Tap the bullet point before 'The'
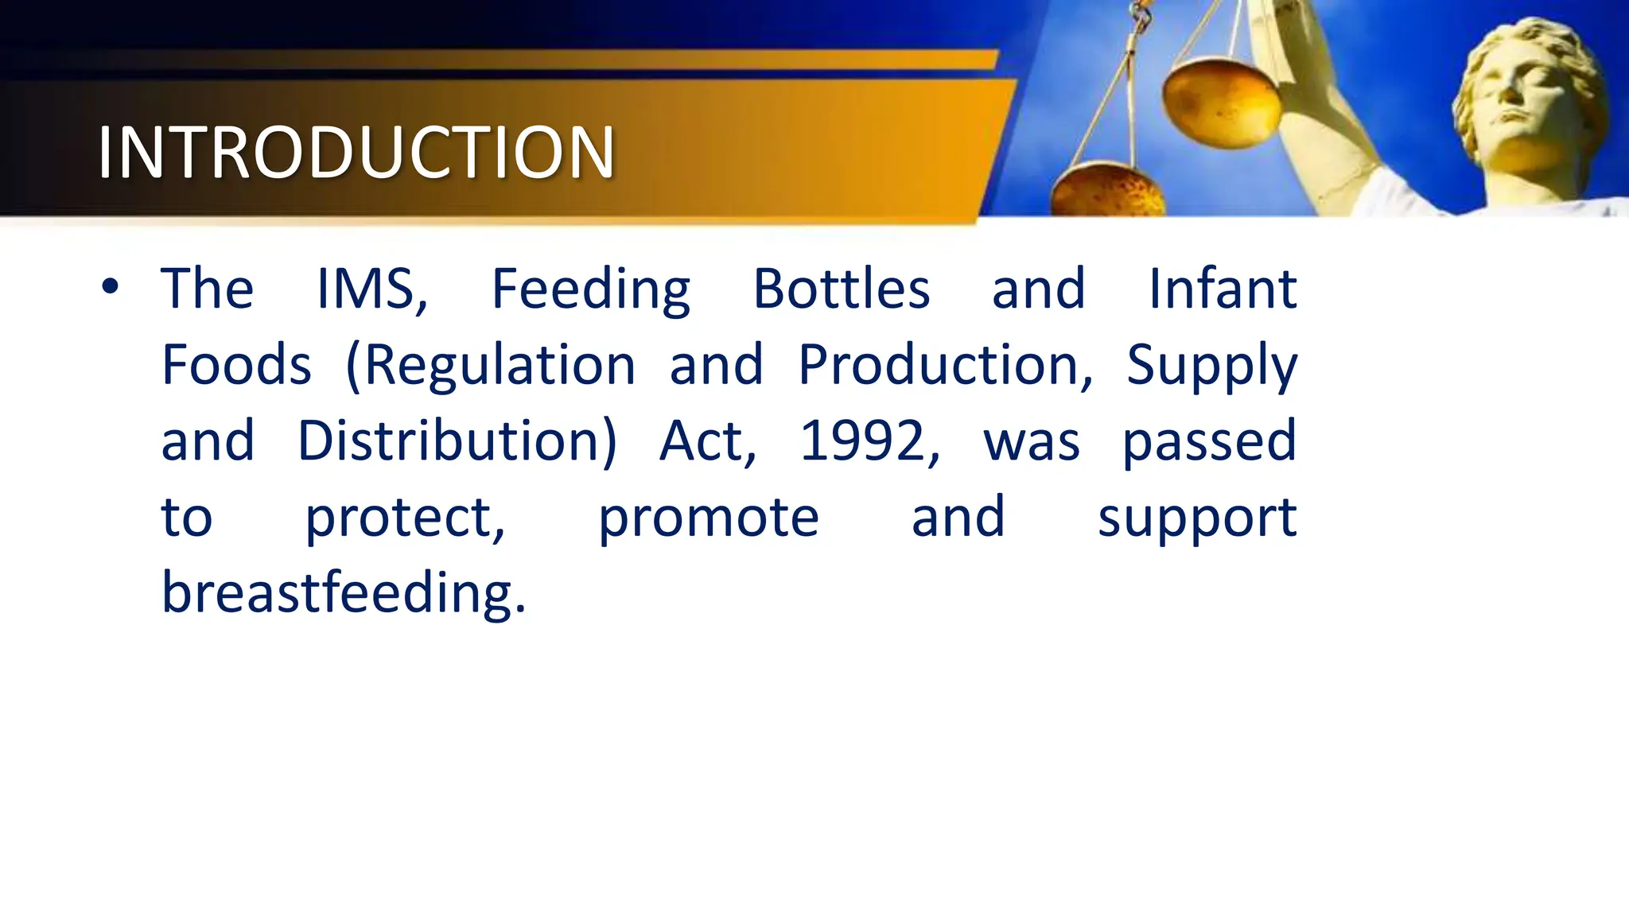point(111,287)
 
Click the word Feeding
point(590,289)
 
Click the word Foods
point(236,365)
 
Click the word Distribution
point(455,441)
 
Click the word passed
point(1209,442)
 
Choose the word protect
point(403,518)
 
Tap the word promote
point(708,518)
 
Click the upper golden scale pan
point(1221,103)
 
